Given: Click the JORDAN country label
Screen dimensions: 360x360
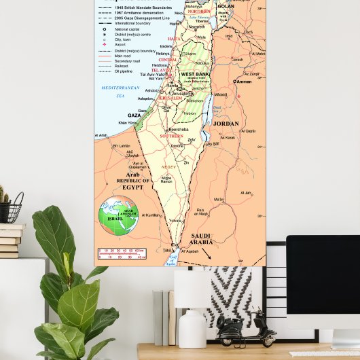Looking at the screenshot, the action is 226,124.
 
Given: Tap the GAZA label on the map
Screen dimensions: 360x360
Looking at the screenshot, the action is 134,115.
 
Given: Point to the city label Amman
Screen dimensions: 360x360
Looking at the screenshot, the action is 242,82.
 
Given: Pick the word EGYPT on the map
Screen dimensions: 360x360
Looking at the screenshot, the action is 132,187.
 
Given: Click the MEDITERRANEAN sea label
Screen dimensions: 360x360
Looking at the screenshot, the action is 120,88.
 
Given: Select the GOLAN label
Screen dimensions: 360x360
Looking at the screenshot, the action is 226,6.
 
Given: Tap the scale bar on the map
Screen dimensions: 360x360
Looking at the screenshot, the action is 122,254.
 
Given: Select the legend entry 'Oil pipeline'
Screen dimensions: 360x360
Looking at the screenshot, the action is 126,70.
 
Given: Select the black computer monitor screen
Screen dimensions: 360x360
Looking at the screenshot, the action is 323,282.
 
